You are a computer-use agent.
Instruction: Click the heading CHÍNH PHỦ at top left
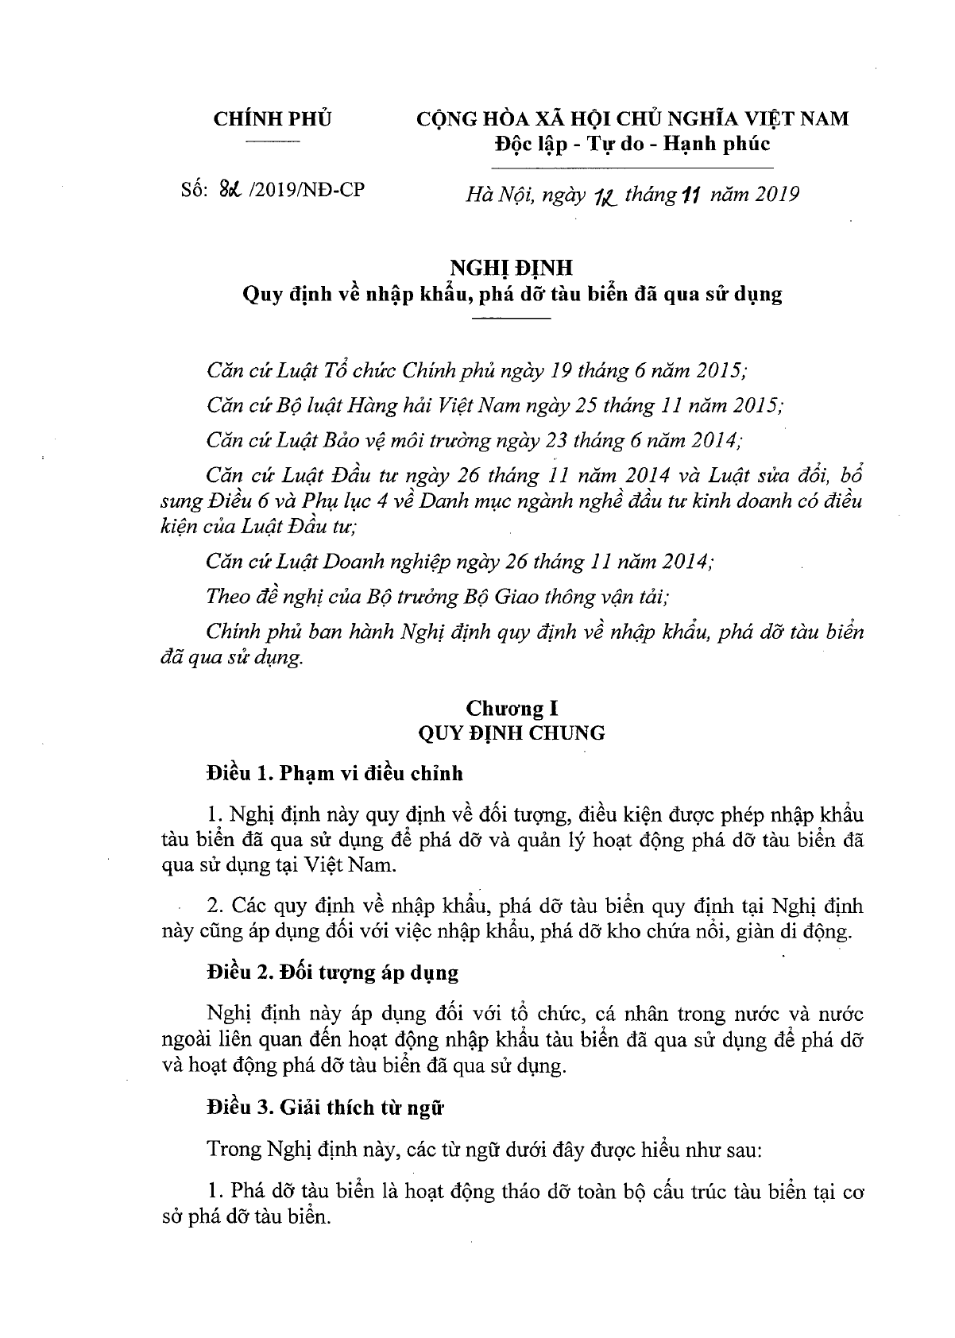[273, 119]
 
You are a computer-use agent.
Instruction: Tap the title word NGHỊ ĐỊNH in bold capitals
[512, 267]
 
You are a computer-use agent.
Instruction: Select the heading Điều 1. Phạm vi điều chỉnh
[334, 773]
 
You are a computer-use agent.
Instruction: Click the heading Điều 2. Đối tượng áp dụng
[332, 973]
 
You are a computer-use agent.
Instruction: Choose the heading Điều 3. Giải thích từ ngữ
[323, 1108]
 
